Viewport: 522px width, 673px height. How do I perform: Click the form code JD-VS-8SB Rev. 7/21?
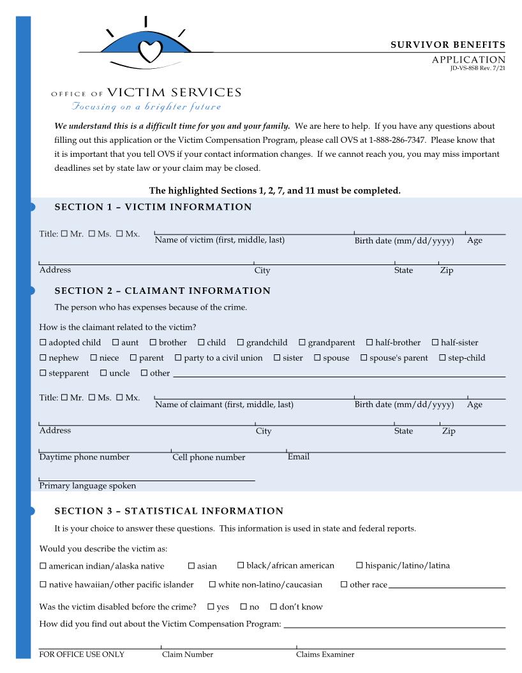coord(477,68)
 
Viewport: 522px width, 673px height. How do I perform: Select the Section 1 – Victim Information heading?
coord(153,207)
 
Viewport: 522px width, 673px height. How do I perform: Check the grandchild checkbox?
coord(241,343)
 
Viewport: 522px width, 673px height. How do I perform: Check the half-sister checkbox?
coord(435,343)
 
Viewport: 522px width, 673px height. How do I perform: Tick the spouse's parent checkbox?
coord(364,358)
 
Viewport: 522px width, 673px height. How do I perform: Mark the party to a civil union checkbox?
coord(178,358)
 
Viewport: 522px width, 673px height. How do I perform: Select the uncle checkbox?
coord(103,373)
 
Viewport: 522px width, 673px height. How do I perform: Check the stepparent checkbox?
coord(43,373)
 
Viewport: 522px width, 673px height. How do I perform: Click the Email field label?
coord(298,457)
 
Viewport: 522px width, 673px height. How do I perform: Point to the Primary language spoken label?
coord(87,486)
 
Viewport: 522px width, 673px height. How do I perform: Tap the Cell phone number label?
coord(209,458)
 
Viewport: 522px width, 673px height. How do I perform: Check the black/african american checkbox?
coord(241,565)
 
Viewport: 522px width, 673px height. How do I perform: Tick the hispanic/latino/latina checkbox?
coord(359,565)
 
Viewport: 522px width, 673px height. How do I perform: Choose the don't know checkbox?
coord(273,607)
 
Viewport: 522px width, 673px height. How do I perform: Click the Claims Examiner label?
coord(325,655)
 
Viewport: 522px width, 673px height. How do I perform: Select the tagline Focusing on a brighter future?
coord(146,107)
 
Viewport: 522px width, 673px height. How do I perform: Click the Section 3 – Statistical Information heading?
coord(169,511)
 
